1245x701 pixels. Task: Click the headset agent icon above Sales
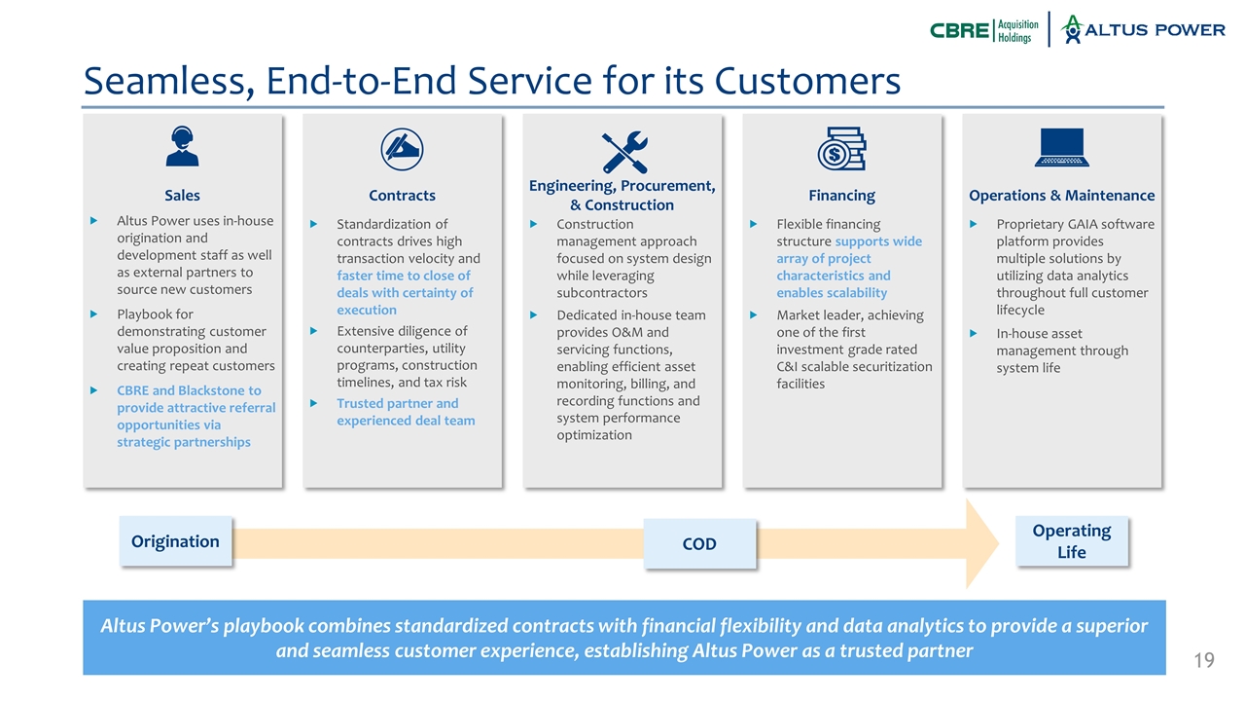point(182,148)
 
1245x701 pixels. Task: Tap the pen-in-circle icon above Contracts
point(402,148)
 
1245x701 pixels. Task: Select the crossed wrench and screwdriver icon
point(622,151)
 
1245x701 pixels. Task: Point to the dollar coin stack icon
point(841,149)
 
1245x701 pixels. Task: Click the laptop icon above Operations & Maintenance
point(1061,149)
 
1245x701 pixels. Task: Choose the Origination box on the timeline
point(175,541)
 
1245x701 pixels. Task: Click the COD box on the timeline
point(699,543)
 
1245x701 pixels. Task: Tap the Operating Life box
point(1071,541)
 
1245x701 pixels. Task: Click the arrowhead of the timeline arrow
point(981,544)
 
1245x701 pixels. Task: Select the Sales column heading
point(182,196)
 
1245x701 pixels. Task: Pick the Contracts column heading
point(402,196)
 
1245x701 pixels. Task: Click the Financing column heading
point(841,196)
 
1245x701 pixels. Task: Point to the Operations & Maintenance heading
point(1061,196)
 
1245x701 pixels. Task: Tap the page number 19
point(1204,662)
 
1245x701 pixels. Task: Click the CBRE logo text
point(959,30)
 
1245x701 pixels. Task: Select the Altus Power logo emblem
point(1073,29)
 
